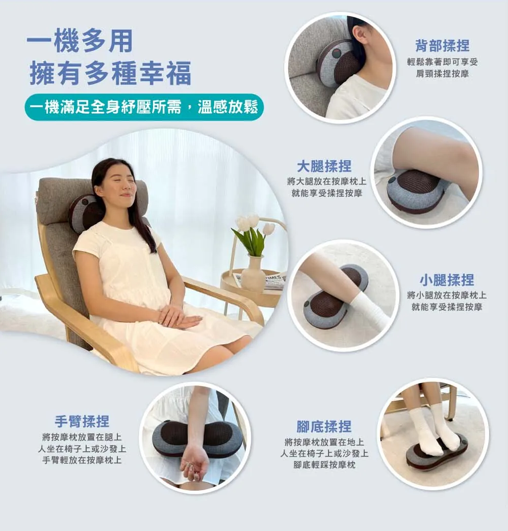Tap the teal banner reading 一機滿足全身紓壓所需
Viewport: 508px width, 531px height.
click(x=144, y=107)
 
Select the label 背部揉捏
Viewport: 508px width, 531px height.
click(x=442, y=45)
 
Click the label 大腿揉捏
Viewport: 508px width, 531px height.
click(x=324, y=166)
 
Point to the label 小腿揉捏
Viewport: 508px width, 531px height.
click(x=446, y=280)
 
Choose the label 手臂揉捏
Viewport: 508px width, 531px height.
click(x=82, y=421)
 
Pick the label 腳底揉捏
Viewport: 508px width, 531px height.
click(x=324, y=426)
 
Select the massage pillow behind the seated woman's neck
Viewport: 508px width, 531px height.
click(x=85, y=212)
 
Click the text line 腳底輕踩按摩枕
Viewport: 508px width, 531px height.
click(x=324, y=465)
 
